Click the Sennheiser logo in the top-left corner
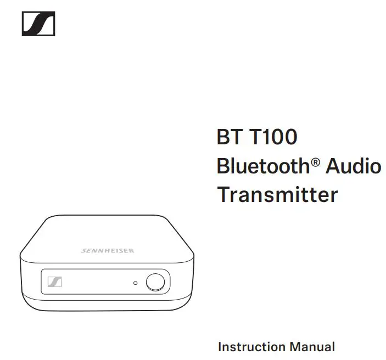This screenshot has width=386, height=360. (38, 24)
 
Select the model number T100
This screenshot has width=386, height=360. (273, 137)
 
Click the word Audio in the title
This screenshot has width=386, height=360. (354, 166)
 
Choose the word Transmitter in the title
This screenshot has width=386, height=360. (277, 194)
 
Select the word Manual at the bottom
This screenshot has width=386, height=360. (312, 347)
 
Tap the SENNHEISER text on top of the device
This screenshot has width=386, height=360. (108, 251)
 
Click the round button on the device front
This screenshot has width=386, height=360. (155, 282)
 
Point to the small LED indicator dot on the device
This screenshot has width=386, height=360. (136, 283)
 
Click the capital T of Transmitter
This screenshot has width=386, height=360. (224, 194)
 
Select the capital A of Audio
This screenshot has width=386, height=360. (334, 166)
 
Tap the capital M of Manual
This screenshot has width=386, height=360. (295, 347)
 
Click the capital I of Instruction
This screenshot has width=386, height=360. (220, 347)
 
